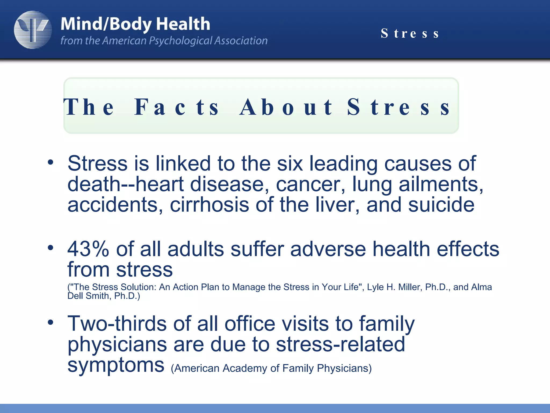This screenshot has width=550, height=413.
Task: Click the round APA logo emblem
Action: [x=33, y=30]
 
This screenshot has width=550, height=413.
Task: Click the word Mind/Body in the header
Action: [x=106, y=24]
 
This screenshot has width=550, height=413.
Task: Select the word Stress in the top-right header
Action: [x=410, y=34]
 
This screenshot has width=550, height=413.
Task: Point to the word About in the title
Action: [x=286, y=107]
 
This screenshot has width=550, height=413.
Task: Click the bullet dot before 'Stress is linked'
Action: [x=50, y=162]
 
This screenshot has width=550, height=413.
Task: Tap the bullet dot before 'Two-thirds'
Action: [x=50, y=322]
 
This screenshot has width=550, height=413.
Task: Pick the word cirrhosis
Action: [x=209, y=205]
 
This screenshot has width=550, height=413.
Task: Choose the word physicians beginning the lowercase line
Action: [x=117, y=344]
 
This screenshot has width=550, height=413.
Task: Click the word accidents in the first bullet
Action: [x=115, y=205]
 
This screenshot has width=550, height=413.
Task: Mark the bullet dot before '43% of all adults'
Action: [x=50, y=248]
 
